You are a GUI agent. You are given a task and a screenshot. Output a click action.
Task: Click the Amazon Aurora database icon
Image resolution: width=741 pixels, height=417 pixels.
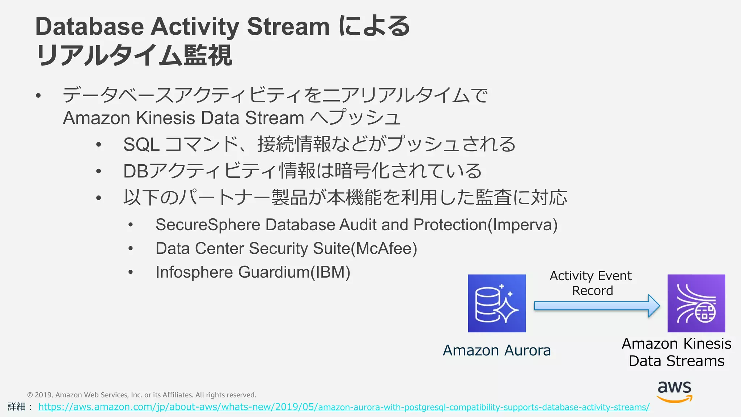click(497, 303)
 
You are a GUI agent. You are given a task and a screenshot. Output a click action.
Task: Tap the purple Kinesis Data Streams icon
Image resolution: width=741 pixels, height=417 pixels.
click(696, 303)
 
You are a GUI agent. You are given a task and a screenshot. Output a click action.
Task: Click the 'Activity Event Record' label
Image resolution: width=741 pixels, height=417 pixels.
click(591, 283)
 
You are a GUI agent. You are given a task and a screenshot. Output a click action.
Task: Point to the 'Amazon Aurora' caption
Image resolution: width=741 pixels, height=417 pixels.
click(497, 350)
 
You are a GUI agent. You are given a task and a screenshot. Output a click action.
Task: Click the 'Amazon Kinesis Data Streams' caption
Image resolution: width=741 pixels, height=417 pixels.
click(677, 352)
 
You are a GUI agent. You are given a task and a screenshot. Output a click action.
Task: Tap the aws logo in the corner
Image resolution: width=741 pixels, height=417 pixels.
click(674, 391)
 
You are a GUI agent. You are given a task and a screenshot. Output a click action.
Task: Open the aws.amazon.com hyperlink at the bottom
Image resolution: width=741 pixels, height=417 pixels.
click(344, 407)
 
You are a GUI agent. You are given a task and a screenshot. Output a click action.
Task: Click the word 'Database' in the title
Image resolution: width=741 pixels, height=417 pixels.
click(90, 26)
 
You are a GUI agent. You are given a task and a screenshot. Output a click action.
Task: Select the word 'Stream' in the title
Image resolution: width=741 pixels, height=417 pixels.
click(288, 26)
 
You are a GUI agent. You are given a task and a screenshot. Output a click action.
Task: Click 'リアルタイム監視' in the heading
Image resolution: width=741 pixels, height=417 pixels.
click(134, 55)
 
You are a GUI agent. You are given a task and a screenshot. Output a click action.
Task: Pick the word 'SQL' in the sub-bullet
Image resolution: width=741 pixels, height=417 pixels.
click(141, 144)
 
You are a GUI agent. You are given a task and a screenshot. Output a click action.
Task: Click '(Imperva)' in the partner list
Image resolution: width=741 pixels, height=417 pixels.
click(522, 225)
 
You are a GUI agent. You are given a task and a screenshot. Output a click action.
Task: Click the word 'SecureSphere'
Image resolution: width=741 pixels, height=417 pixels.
click(208, 225)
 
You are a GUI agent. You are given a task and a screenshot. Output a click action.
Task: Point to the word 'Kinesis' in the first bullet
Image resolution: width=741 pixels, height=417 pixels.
click(165, 118)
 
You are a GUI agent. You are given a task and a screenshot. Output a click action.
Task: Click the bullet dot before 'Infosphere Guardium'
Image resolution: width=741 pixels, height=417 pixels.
click(131, 272)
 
